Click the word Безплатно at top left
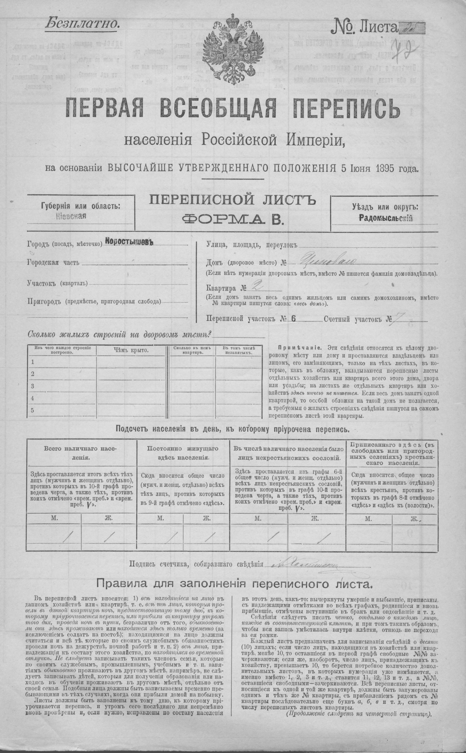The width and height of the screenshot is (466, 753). (x=82, y=24)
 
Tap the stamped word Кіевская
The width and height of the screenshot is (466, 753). (x=72, y=215)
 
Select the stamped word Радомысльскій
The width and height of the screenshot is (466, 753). (x=385, y=218)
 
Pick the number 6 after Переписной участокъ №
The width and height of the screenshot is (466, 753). (x=293, y=319)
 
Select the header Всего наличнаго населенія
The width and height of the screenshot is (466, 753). (x=81, y=452)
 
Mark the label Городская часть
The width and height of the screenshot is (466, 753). (x=53, y=263)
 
